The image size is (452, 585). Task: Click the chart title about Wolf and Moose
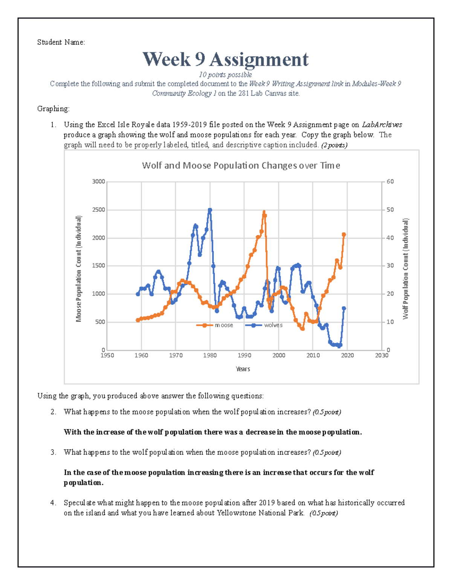[241, 166]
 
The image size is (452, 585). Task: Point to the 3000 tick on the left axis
[99, 182]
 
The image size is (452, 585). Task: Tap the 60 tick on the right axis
[390, 182]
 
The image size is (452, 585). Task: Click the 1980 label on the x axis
[210, 355]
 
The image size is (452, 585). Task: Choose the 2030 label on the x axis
[382, 355]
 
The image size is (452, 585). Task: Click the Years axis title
[243, 369]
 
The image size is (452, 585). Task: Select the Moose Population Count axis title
[79, 269]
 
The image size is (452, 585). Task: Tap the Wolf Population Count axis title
[406, 269]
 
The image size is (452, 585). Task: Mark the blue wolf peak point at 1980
[210, 210]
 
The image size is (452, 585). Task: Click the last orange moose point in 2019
[344, 235]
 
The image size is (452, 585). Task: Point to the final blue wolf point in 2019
[344, 308]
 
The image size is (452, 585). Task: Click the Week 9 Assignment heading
[225, 60]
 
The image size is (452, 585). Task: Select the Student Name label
[61, 42]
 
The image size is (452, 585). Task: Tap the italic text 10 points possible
[225, 75]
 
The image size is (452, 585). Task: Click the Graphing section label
[53, 109]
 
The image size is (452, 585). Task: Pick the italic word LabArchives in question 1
[382, 125]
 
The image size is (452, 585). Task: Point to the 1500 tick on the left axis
[99, 266]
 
